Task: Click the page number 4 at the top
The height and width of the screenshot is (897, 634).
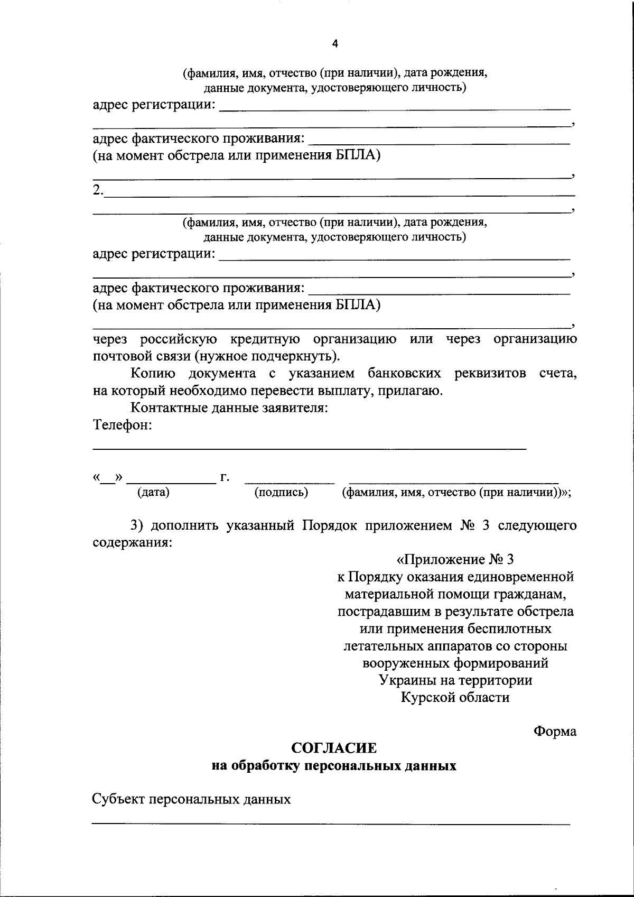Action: [x=334, y=44]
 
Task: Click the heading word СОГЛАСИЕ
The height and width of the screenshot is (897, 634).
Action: [x=334, y=748]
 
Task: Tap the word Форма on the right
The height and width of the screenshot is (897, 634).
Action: [x=555, y=731]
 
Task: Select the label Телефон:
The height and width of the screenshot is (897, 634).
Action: [x=123, y=425]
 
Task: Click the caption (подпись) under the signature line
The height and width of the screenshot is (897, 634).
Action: [x=281, y=493]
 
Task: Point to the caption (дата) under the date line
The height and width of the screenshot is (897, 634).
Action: [x=153, y=493]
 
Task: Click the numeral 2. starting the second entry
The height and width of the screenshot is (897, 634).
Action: [x=98, y=190]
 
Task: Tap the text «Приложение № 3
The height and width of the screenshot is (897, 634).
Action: [x=455, y=559]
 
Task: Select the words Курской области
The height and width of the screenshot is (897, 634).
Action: [x=455, y=697]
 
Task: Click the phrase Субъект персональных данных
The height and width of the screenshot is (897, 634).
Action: [x=191, y=799]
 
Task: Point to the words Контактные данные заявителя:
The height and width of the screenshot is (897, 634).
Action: [x=230, y=408]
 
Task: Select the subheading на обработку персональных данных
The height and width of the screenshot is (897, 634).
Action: [x=334, y=765]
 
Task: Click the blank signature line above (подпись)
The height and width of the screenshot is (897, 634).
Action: [x=289, y=482]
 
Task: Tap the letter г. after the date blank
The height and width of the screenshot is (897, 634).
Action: [x=225, y=478]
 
